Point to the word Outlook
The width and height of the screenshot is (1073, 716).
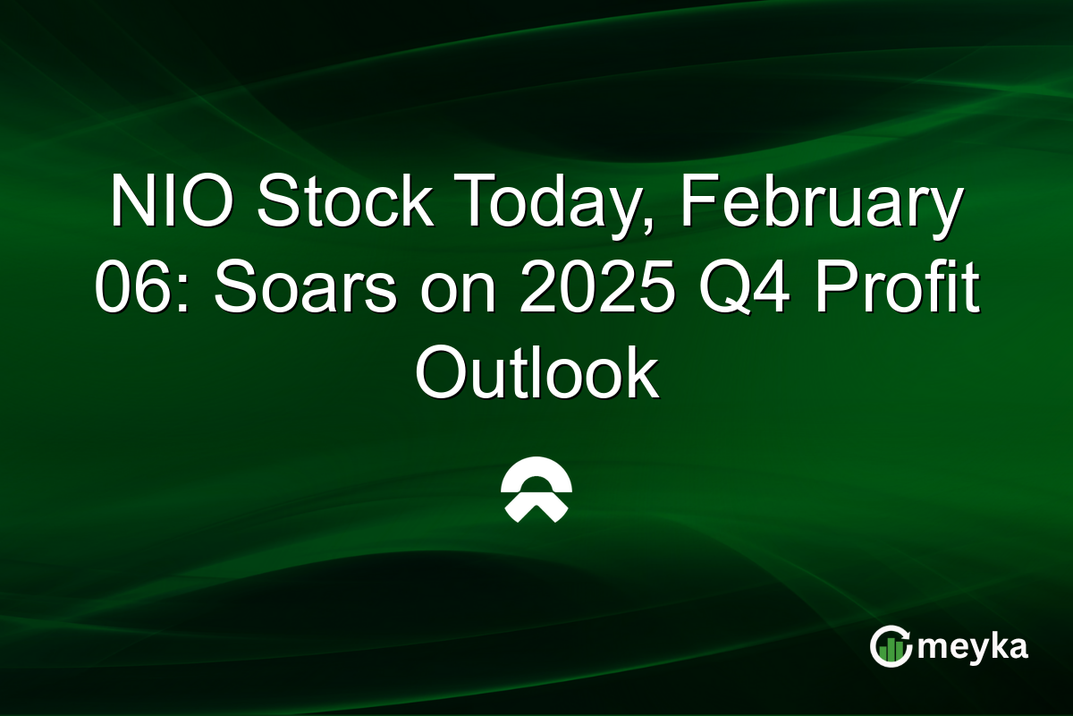click(x=536, y=373)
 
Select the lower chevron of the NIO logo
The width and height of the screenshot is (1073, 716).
click(x=536, y=510)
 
